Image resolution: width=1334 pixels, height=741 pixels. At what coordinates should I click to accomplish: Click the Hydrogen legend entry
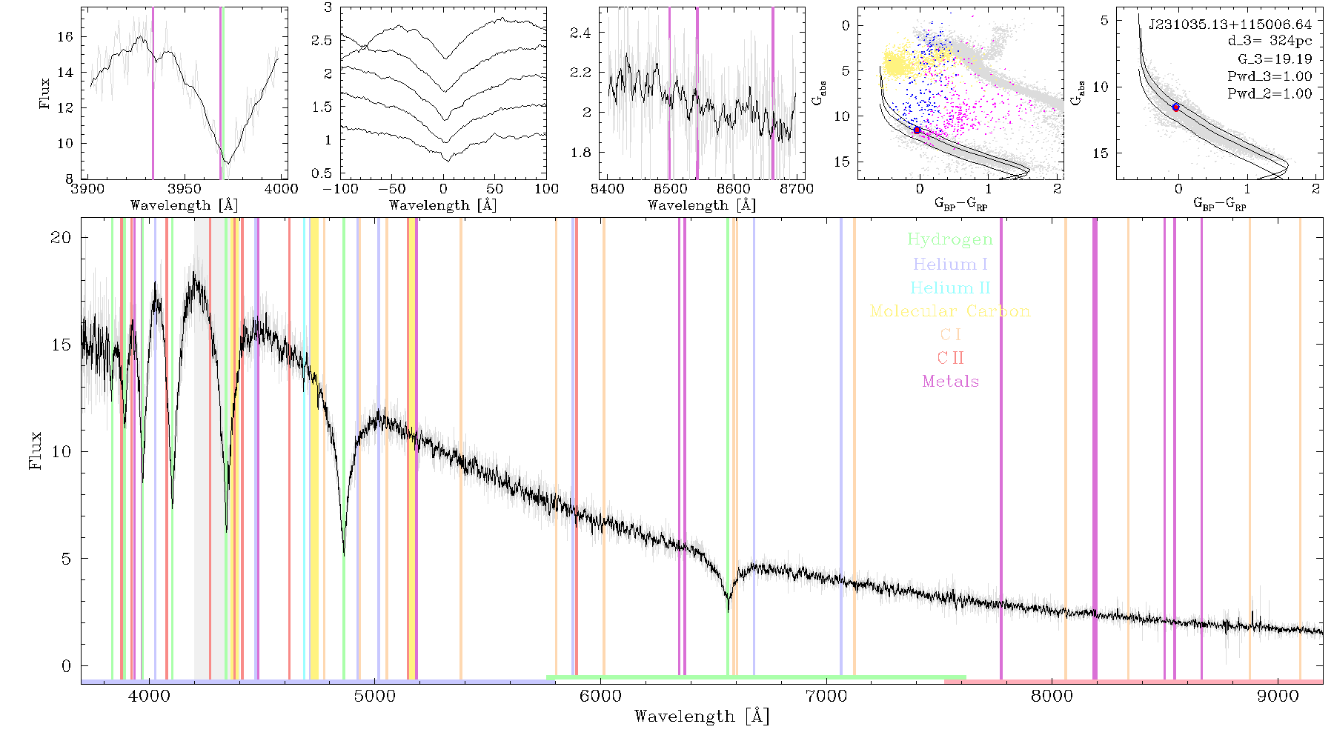949,240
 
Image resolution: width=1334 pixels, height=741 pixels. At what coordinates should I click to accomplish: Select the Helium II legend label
949,288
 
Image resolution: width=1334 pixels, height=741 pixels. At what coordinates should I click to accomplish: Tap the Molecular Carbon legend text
949,311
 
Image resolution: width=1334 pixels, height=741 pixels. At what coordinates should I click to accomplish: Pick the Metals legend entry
950,382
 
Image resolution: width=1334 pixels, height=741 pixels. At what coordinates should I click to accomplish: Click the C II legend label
950,358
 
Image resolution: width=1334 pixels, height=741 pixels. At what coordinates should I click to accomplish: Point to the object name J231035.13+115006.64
1230,24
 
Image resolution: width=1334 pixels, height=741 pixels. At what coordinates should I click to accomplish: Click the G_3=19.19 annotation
1275,59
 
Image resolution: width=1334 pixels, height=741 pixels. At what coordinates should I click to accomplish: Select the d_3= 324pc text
1270,41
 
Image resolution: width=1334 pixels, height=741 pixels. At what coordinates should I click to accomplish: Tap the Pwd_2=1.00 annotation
1270,94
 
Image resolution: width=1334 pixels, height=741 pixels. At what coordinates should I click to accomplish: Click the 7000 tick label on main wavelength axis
826,697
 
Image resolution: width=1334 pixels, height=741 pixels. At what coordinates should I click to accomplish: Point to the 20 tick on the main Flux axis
62,238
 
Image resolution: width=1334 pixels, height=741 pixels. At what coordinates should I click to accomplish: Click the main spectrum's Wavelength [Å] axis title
702,717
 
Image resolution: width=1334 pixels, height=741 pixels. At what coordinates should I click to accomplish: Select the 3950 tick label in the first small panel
184,189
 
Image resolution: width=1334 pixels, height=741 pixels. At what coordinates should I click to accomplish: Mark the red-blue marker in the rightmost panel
1175,107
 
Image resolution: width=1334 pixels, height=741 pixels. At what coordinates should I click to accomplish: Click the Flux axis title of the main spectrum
35,451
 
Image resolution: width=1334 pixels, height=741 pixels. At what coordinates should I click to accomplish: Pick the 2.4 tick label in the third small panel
581,33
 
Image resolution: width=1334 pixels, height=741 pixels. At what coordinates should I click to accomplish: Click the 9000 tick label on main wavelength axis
1277,697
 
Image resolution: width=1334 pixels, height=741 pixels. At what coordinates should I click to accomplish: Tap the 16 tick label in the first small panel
65,37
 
